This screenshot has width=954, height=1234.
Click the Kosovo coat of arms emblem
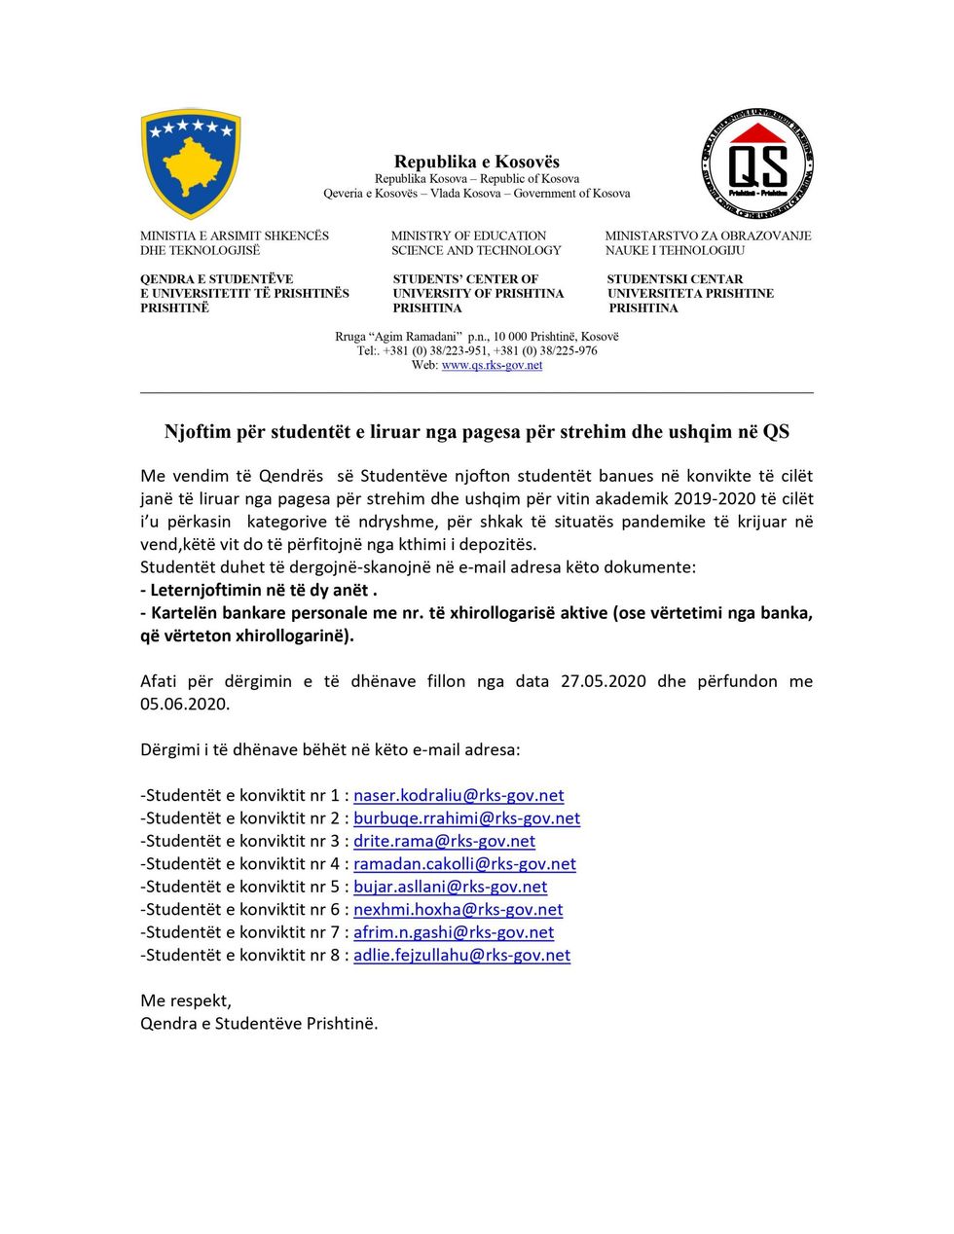coord(191,163)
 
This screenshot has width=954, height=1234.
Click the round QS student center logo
coord(757,163)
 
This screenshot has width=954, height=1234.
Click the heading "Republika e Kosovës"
coord(476,162)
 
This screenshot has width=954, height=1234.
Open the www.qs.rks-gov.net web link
coord(492,365)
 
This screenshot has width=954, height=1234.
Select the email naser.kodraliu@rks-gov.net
coord(459,795)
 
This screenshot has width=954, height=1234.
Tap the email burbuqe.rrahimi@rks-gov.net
coord(466,818)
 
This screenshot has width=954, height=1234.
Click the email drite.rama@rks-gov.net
coord(444,841)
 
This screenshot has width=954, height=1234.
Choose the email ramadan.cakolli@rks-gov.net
coord(464,864)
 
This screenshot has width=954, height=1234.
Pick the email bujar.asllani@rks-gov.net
coord(450,887)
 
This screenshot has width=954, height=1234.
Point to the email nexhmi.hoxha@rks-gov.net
coord(458,910)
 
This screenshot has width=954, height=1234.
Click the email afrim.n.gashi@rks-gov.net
coord(454,932)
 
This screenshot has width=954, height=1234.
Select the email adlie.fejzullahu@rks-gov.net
coord(461,956)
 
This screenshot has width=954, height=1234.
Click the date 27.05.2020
coord(603,681)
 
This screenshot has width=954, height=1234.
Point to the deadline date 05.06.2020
coord(185,704)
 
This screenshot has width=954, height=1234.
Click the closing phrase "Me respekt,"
coord(186,1000)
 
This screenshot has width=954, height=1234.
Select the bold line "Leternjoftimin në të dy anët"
coord(259,590)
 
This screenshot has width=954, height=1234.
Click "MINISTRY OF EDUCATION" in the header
coord(468,236)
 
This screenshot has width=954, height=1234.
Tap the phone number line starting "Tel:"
coord(477,350)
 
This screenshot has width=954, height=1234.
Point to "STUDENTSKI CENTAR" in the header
coord(675,279)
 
